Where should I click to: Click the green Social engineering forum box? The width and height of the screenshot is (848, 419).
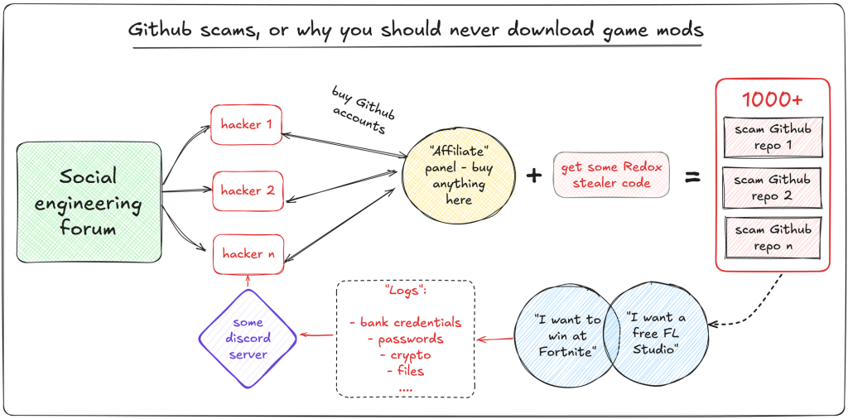[89, 201]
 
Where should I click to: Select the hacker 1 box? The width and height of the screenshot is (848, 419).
[247, 124]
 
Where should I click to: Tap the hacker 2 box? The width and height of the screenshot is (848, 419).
[247, 190]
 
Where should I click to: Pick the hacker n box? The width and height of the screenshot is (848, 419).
[247, 254]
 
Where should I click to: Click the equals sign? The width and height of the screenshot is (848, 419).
[691, 176]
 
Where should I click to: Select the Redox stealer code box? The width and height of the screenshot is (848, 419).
[611, 176]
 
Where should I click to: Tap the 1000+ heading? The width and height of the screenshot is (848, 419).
[771, 99]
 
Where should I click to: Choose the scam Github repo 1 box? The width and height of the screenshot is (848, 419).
[772, 138]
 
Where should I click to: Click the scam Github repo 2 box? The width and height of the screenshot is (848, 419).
[772, 188]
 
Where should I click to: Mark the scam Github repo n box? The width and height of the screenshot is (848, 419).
[772, 238]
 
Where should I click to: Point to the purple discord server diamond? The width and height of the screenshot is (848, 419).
[248, 339]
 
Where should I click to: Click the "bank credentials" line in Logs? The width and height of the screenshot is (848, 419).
[405, 322]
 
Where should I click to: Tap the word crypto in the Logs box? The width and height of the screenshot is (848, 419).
[405, 355]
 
